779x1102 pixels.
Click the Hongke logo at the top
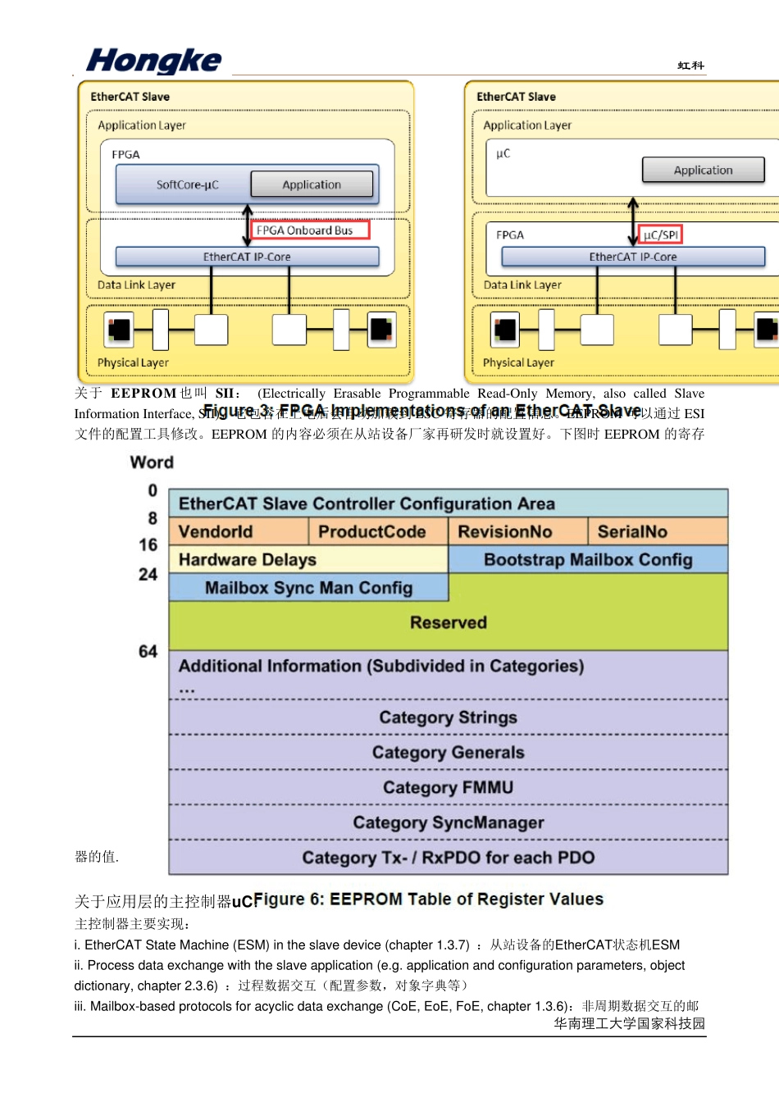(153, 61)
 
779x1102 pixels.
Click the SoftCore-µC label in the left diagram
(187, 185)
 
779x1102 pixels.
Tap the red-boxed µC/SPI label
(660, 235)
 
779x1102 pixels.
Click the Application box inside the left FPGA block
(312, 184)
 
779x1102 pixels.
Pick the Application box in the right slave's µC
(703, 170)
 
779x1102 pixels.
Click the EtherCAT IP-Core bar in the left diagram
(247, 257)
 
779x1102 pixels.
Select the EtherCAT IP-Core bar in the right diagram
(632, 257)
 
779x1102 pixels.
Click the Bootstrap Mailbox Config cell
(588, 560)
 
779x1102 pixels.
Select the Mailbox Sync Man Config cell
(308, 588)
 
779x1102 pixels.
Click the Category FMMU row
(448, 788)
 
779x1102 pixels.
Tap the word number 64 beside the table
(148, 652)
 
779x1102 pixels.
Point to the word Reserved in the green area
(448, 622)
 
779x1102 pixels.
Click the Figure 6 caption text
(429, 899)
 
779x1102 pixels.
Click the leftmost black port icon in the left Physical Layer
(119, 330)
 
